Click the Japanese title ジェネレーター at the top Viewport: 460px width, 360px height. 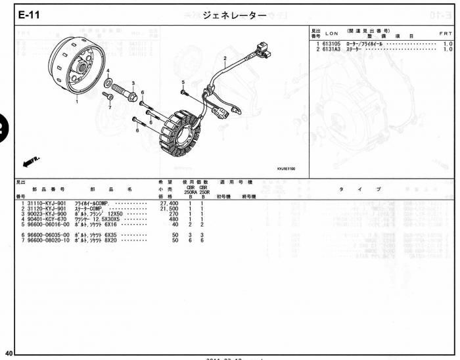coord(230,14)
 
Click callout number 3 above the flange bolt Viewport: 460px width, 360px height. coord(133,83)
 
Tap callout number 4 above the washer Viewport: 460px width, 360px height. coord(108,70)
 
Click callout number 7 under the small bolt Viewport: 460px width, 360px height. coord(110,107)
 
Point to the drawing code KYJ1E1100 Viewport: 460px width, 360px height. coord(285,169)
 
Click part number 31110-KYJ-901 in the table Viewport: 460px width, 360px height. coord(47,204)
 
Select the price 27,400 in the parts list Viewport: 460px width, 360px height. coord(170,204)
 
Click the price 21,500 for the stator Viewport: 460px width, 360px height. coord(170,209)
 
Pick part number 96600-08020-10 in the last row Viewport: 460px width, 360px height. coord(48,240)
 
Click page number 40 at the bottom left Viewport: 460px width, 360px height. coord(8,353)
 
